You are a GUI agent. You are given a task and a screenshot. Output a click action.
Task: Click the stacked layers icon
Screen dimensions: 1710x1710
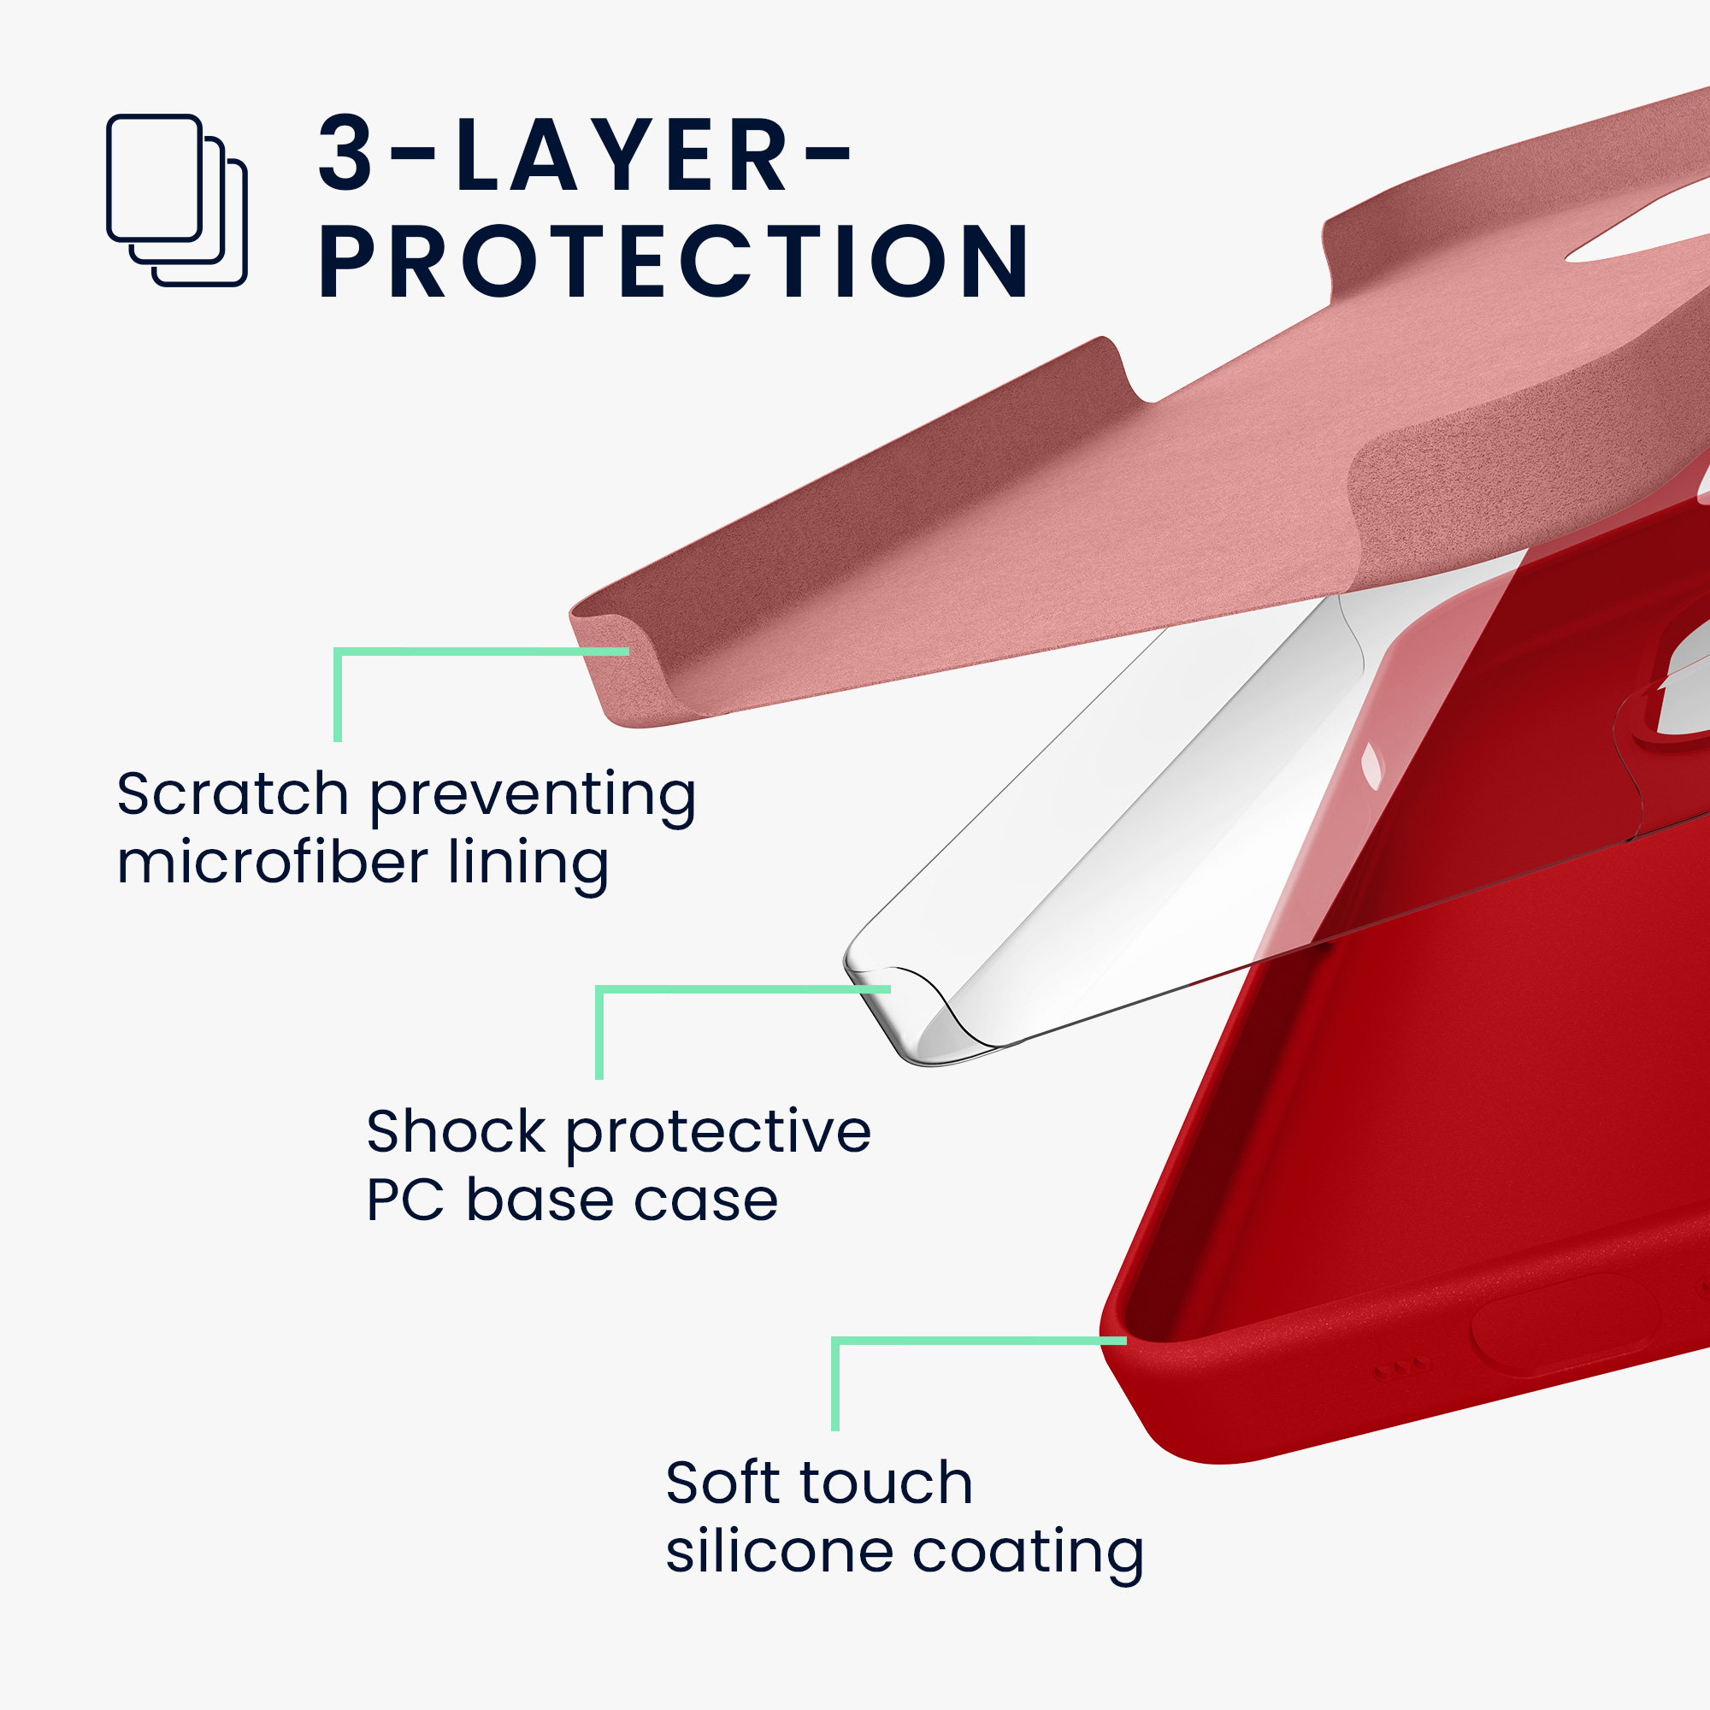(176, 200)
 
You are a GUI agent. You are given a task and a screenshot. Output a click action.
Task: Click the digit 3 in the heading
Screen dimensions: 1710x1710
(346, 153)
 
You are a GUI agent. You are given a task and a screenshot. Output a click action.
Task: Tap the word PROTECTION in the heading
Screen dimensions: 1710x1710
(674, 261)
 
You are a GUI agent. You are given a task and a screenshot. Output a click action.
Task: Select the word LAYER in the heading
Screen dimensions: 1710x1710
(621, 153)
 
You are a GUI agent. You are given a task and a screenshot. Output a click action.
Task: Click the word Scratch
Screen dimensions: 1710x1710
(233, 794)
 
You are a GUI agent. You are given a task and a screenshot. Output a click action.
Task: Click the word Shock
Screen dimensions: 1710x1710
(457, 1132)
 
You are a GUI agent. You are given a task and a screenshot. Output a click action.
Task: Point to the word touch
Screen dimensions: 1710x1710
(886, 1483)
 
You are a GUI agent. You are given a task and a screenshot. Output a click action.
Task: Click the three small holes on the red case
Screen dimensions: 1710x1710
(1400, 1368)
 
